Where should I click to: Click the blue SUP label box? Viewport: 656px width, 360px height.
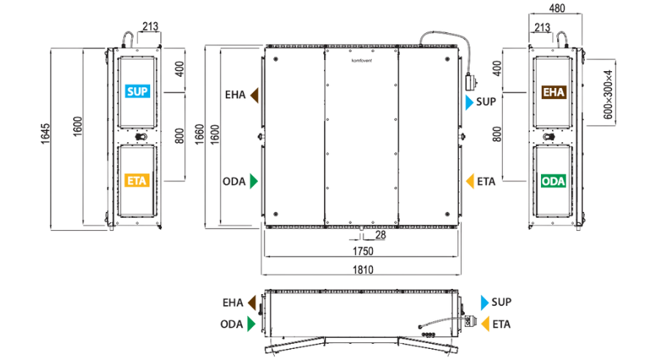pos(137,91)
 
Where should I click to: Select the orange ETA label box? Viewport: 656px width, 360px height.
pos(137,180)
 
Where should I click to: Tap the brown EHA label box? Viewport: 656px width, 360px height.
pos(553,92)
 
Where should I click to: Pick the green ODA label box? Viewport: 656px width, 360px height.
pos(553,181)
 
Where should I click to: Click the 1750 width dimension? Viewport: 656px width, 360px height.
pos(363,251)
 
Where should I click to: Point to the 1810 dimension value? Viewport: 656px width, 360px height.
pos(363,269)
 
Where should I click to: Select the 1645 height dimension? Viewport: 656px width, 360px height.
pos(45,134)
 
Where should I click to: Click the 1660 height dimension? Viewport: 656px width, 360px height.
pos(199,134)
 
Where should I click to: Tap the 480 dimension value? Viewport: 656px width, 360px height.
pos(557,8)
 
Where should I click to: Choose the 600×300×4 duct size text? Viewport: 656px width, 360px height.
pos(608,94)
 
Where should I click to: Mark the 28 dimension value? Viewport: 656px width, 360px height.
pos(380,235)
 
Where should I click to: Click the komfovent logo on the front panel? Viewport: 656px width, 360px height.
pos(361,61)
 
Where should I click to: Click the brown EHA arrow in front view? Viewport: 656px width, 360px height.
pos(254,95)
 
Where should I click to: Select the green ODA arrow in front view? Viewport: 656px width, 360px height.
pos(254,181)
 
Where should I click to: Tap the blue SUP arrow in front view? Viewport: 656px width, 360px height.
pos(469,102)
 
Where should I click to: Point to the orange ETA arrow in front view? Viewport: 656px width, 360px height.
pos(470,181)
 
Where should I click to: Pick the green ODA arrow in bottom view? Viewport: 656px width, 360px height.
pos(251,324)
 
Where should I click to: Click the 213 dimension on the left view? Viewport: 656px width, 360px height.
pos(150,26)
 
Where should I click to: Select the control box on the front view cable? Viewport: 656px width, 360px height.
pos(471,81)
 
